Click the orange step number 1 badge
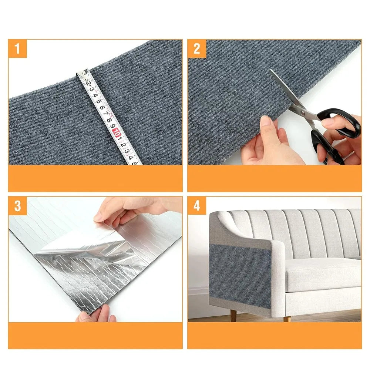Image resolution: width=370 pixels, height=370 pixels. pos(17,48)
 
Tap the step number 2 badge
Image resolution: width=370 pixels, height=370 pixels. pos(197,48)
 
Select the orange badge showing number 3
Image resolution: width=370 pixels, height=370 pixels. pos(17,206)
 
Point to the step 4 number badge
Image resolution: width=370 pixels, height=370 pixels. pos(197,206)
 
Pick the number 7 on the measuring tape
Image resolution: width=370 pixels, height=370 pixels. pos(105,114)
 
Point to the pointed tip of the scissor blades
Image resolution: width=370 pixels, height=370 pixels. pos(270,70)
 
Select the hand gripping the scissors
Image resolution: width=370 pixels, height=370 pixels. pos(340,139)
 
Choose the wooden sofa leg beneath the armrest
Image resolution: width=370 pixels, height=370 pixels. pos(233,316)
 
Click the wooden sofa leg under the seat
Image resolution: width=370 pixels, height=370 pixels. pos(287,319)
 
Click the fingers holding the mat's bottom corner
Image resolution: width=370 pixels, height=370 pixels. pos(97,314)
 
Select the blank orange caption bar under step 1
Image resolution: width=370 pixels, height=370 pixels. pos(95,178)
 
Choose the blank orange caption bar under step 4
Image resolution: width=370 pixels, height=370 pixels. pos(275,335)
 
